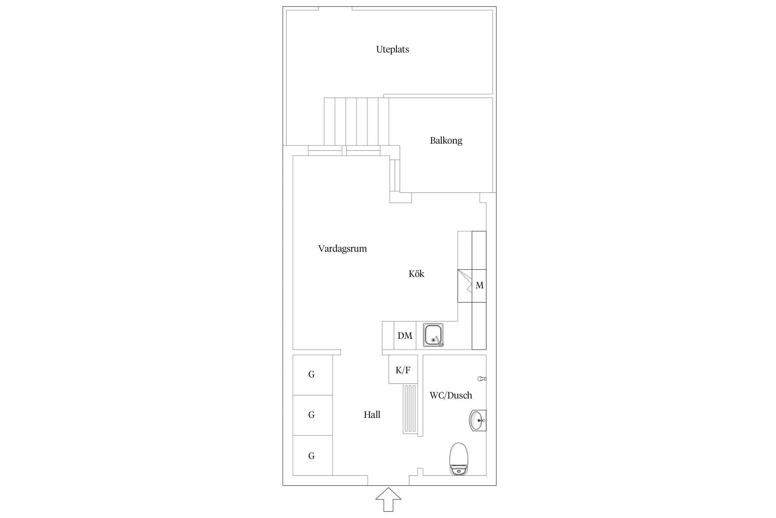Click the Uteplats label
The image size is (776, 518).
coord(392,49)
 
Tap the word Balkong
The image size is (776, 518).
coord(446,141)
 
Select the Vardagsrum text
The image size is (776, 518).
coord(342,249)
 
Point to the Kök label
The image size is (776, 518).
coord(416,274)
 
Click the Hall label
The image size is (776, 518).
coord(372,414)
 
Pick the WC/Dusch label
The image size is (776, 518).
coord(451,395)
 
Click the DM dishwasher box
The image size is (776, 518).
coord(405,335)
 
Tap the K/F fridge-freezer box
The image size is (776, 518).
coord(403,369)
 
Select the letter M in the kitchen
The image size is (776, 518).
coord(479,285)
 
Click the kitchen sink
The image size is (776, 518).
coord(433,335)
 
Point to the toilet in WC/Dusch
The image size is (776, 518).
coord(459,459)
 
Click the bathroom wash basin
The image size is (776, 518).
coord(478,420)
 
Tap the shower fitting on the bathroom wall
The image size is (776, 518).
coord(482,379)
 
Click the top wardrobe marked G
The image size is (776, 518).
coord(312,375)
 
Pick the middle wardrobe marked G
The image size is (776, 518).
coord(312,415)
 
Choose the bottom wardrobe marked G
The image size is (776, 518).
coord(312,455)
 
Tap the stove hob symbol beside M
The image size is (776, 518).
coord(465,286)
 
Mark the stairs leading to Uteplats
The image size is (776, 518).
coord(356,122)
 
